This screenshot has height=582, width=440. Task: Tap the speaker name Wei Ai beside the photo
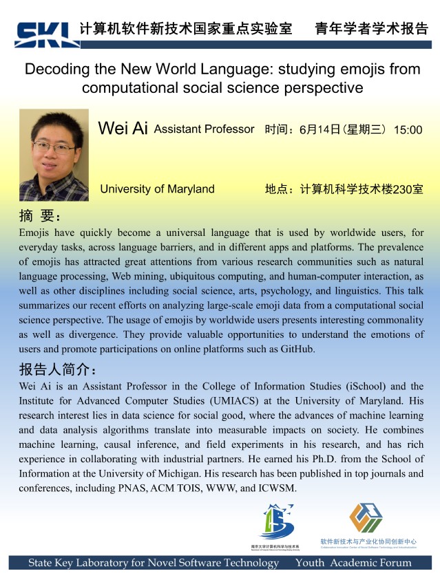point(123,129)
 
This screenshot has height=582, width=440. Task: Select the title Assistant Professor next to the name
point(205,129)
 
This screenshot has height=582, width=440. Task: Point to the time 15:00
point(408,129)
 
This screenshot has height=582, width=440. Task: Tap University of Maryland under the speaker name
point(157,189)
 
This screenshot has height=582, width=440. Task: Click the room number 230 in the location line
point(402,189)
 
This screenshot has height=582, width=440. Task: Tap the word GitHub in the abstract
point(296,349)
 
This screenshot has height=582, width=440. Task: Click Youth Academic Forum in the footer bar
point(353,563)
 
